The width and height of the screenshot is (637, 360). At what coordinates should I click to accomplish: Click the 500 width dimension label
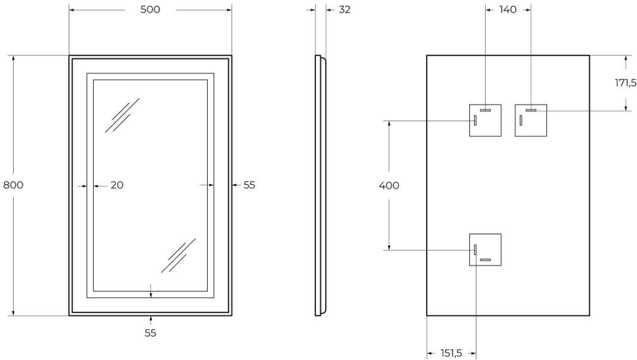[x=150, y=10]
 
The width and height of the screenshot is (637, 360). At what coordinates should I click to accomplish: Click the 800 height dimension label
[x=13, y=185]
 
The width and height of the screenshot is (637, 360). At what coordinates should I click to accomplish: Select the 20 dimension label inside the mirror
[x=117, y=185]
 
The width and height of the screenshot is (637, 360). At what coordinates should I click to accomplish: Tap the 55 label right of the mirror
[x=249, y=185]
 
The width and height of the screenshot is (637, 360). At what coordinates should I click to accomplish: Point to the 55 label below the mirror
[x=150, y=333]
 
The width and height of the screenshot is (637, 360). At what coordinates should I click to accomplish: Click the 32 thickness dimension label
[x=344, y=10]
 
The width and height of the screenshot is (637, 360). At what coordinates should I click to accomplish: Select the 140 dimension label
[x=507, y=10]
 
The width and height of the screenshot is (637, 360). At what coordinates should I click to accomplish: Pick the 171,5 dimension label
[x=626, y=83]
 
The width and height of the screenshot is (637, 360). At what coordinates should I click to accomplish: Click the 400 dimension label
[x=389, y=186]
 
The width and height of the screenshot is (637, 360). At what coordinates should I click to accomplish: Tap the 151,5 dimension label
[x=451, y=353]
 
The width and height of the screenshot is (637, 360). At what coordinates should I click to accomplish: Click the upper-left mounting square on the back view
[x=485, y=121]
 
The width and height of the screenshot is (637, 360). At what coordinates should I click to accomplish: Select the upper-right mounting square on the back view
[x=531, y=121]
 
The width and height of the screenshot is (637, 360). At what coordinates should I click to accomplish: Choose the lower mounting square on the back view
[x=485, y=250]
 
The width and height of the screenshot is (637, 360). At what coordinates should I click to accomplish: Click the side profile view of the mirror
[x=320, y=185]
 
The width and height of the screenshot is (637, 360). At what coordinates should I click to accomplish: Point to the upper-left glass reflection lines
[x=122, y=115]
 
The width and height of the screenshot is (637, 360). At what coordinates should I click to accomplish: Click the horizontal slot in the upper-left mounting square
[x=485, y=110]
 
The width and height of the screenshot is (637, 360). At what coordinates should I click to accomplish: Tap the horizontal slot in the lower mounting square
[x=485, y=260]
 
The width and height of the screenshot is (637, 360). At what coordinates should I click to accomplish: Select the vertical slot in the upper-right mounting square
[x=521, y=121]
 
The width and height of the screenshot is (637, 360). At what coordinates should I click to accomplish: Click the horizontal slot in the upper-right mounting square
[x=531, y=110]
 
